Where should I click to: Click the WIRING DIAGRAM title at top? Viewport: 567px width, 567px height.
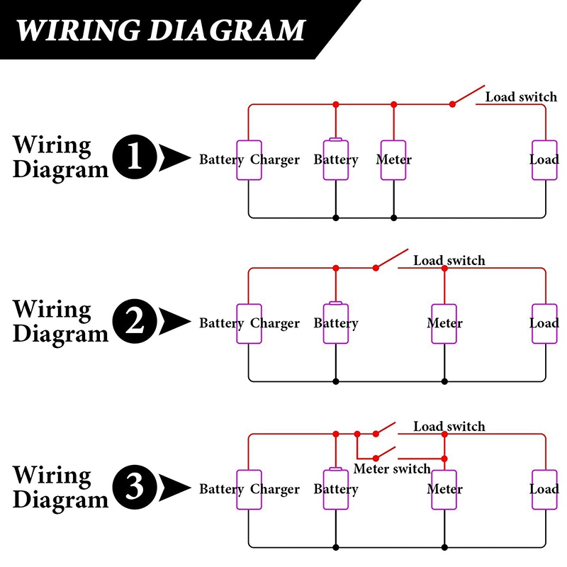pos(160,30)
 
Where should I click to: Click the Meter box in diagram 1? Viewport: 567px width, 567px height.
pos(393,159)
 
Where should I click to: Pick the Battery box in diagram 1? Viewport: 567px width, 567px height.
pos(335,159)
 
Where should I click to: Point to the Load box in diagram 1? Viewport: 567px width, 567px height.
pos(544,159)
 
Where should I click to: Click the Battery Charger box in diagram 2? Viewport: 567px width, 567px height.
pos(249,323)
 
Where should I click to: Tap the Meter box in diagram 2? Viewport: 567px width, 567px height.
pos(444,323)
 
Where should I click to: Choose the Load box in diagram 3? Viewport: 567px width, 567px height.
pos(544,489)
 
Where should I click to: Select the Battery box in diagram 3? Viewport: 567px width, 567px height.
pos(335,489)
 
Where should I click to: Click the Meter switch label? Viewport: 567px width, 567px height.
pos(392,468)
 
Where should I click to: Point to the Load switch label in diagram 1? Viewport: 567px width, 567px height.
pos(521,96)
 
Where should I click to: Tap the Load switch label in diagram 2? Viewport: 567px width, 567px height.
pos(449,261)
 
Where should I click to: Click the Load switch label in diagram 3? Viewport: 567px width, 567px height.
pos(449,427)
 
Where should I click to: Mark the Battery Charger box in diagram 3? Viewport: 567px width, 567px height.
pos(249,489)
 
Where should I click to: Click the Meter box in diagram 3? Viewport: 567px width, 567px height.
pos(444,489)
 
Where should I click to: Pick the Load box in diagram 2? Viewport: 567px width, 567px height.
pos(544,323)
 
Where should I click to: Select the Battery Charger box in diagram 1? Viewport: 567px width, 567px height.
pos(249,159)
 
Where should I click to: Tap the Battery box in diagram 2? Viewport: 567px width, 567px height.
pos(335,323)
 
